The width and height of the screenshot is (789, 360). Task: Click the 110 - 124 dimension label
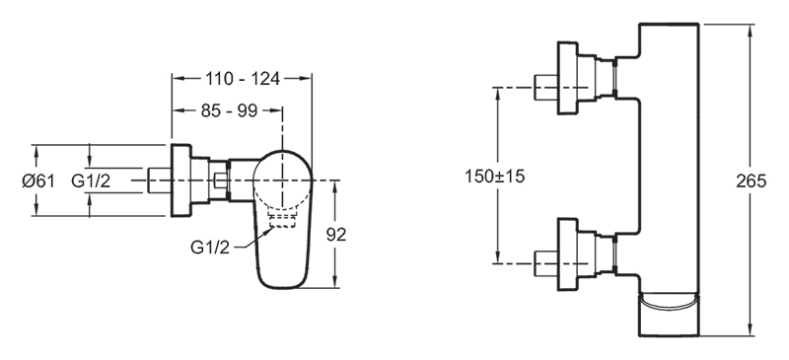click(x=242, y=79)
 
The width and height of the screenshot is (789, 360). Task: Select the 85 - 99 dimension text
click(x=229, y=110)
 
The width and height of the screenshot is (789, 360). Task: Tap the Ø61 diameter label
click(x=38, y=180)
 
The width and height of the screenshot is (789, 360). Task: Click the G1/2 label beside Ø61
click(x=91, y=180)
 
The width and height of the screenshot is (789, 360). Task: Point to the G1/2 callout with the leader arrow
click(x=210, y=248)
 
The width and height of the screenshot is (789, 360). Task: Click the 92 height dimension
click(x=336, y=235)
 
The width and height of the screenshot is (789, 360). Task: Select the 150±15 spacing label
click(x=495, y=177)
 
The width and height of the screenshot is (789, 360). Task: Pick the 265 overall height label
click(x=752, y=180)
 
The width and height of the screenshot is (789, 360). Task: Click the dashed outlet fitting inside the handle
click(x=282, y=219)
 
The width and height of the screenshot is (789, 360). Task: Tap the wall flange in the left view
click(x=181, y=180)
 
